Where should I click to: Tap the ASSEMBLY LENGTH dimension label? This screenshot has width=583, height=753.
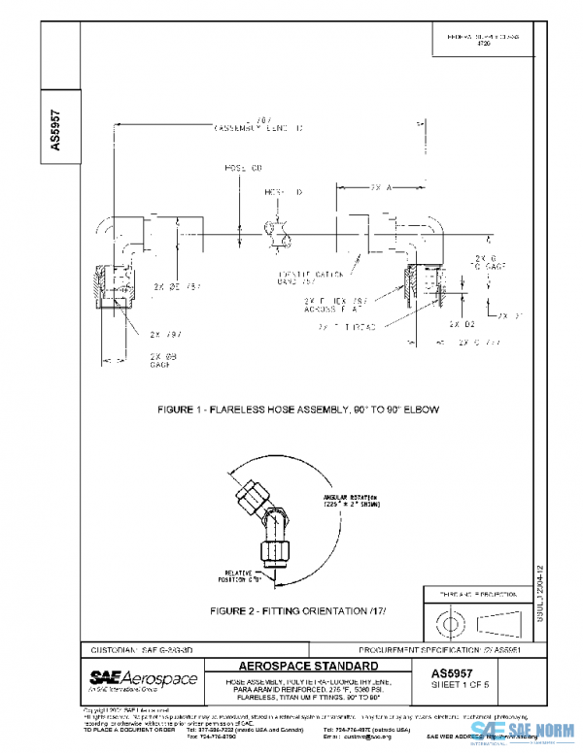257,125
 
